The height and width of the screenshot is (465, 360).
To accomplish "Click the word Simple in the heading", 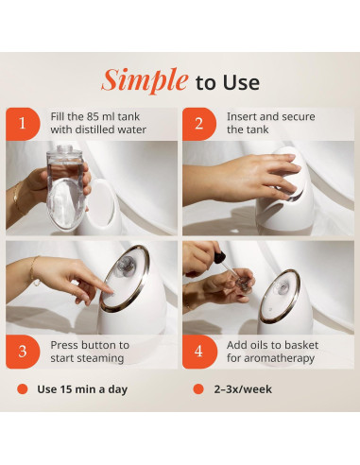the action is (145, 80).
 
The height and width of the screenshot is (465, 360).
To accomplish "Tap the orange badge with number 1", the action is (23, 124).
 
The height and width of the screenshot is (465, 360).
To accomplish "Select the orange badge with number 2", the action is (199, 124).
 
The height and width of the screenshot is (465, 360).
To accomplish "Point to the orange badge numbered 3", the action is (23, 352).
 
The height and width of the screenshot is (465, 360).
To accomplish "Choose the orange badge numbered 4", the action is (199, 352).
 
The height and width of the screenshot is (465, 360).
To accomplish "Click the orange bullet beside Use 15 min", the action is (23, 389).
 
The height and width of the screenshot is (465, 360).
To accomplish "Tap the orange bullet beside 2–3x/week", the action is (198, 389).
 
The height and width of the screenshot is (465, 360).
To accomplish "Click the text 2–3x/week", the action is (243, 389).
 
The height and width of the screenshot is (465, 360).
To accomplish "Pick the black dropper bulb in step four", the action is (219, 256).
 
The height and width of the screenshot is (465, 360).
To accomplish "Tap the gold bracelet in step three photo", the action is (34, 270).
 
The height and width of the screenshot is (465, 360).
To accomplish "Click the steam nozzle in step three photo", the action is (125, 265).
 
